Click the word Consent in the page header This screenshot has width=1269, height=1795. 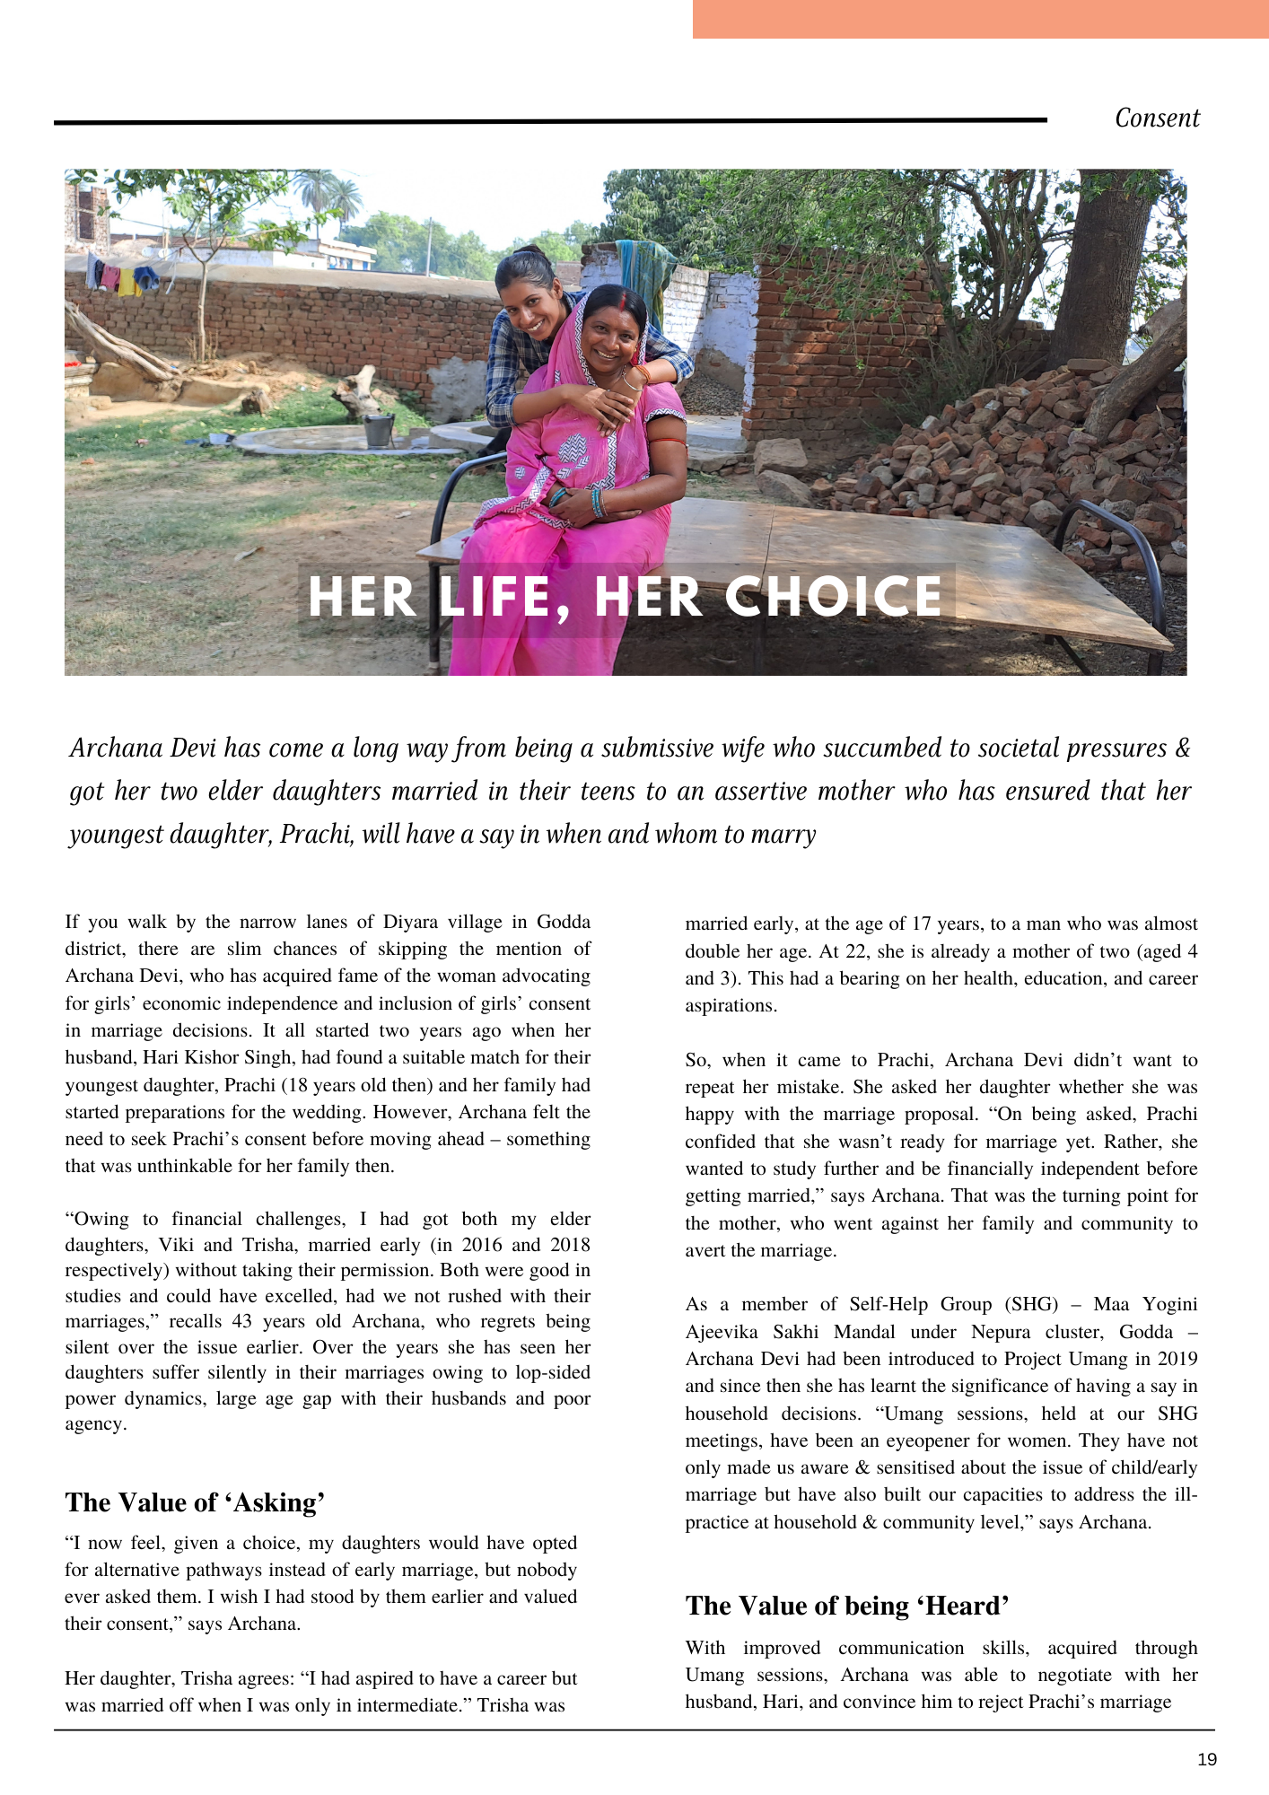pos(1157,118)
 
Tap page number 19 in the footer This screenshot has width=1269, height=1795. pos(1207,1760)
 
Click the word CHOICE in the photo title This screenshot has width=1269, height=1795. pos(834,598)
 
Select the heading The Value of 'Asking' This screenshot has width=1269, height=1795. pos(195,1502)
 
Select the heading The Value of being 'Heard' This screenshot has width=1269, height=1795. pos(847,1606)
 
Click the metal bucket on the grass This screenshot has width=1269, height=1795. pos(379,430)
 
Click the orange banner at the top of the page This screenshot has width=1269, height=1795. pos(980,19)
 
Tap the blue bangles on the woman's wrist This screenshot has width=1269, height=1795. pos(596,503)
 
